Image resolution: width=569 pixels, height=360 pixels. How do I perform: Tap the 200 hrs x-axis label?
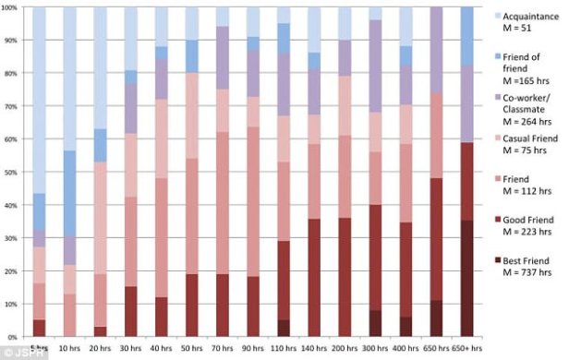tap(345, 349)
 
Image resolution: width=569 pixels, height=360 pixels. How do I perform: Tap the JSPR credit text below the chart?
tap(16, 354)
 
